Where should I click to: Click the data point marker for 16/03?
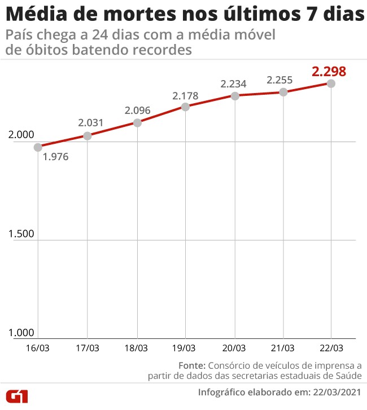tap(38, 147)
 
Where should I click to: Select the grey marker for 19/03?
tap(186, 106)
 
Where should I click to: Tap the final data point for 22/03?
tap(331, 83)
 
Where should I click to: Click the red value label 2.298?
tap(329, 72)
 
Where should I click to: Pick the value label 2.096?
tap(137, 110)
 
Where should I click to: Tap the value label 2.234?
tap(234, 83)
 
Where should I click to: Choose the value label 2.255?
tap(281, 80)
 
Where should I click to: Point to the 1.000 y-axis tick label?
tap(21, 333)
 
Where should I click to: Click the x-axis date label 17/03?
tap(87, 349)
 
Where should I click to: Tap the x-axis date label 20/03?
tap(233, 349)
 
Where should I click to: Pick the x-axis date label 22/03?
tap(330, 349)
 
